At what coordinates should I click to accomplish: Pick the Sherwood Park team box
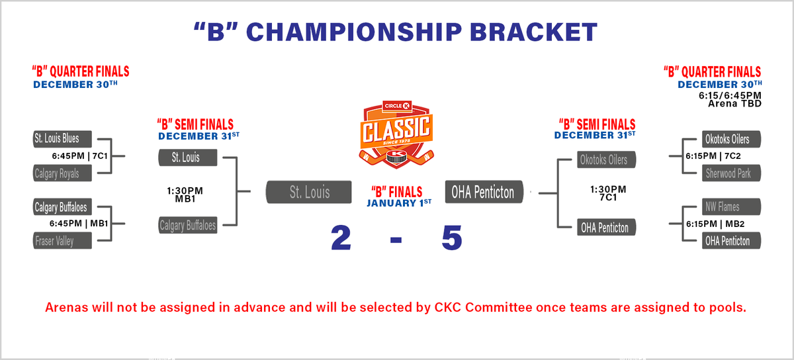tap(731, 173)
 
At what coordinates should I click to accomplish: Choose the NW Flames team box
tap(731, 206)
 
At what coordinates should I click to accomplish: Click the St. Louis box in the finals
tap(308, 193)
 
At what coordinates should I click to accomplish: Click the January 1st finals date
tap(398, 202)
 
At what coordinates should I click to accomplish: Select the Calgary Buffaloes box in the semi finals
tap(187, 226)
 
